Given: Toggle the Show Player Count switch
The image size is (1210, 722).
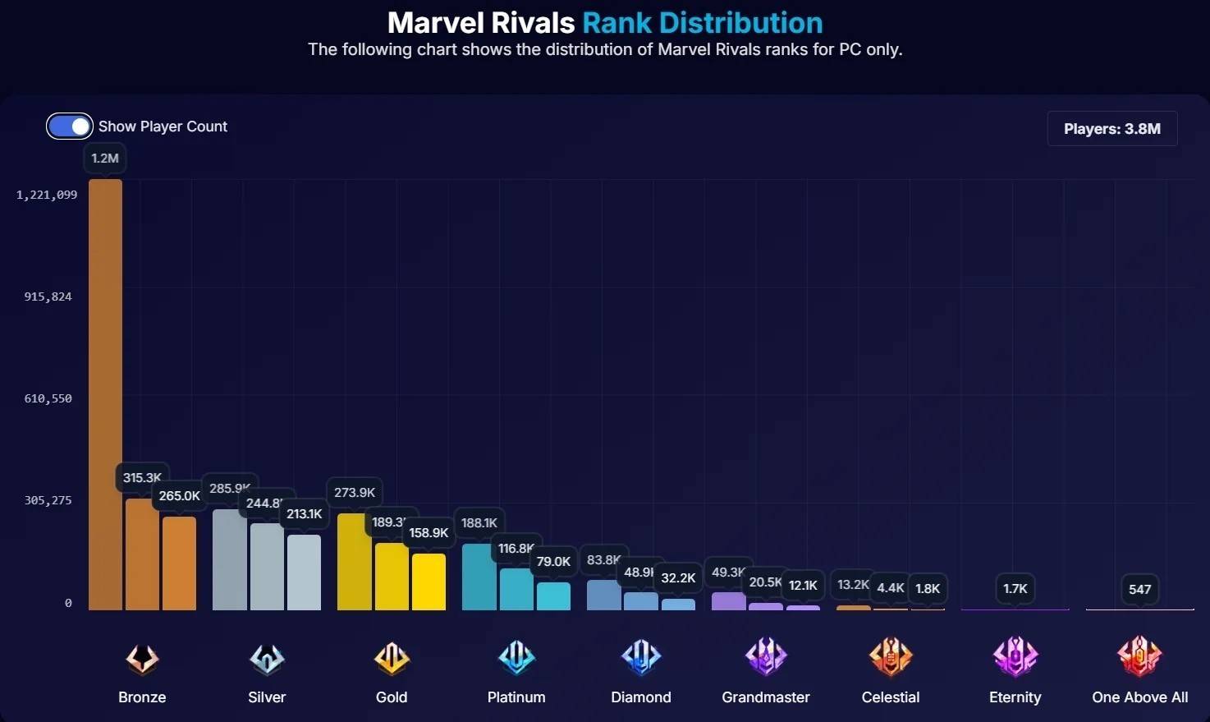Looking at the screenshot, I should click(69, 126).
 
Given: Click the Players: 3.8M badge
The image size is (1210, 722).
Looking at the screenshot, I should click(1111, 129).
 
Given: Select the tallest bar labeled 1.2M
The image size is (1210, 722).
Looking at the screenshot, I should click(105, 394).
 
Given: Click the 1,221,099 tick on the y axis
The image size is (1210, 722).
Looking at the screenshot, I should click(47, 195).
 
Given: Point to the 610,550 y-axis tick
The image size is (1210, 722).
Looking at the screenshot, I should click(48, 398).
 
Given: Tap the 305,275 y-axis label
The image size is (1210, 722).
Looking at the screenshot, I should click(48, 500).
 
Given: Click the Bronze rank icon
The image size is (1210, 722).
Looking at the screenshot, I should click(142, 658).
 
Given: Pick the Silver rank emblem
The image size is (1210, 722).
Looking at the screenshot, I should click(267, 658).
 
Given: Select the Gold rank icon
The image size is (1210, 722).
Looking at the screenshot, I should click(392, 658).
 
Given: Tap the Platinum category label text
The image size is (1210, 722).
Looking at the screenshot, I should click(516, 697).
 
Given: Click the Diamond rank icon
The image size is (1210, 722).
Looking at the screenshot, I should click(641, 657).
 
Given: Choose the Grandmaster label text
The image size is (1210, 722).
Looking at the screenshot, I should click(766, 697).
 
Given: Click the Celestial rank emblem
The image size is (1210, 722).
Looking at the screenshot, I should click(891, 657).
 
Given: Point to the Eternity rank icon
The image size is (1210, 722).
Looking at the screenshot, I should click(1015, 657).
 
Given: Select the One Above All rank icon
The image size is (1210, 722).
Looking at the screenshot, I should click(1139, 657).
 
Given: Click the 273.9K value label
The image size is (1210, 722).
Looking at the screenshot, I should click(355, 493).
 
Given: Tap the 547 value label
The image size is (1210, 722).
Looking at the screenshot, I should click(1139, 589).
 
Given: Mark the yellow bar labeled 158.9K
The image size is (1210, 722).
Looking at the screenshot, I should click(429, 582).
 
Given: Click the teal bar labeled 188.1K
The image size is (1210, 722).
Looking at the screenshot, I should click(479, 577).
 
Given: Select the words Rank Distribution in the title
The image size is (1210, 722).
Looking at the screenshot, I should click(702, 23).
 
